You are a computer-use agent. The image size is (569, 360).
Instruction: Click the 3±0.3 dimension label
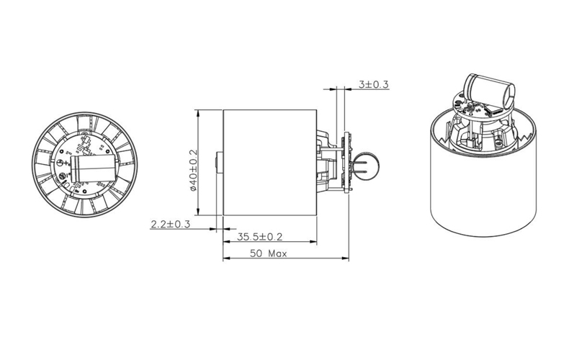[373, 84]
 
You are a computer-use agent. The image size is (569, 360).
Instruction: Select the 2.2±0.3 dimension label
[170, 224]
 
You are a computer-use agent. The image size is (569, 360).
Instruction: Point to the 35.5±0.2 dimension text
[259, 237]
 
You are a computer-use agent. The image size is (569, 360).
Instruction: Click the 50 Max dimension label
[268, 253]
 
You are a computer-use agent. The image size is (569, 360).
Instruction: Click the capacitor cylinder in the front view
[94, 168]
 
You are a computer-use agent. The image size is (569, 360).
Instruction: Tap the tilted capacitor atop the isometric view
[490, 90]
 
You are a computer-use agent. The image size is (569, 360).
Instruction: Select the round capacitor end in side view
[366, 166]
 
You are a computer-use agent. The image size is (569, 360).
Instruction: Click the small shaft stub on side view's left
[219, 162]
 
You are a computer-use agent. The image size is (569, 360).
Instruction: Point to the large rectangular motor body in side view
[270, 162]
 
